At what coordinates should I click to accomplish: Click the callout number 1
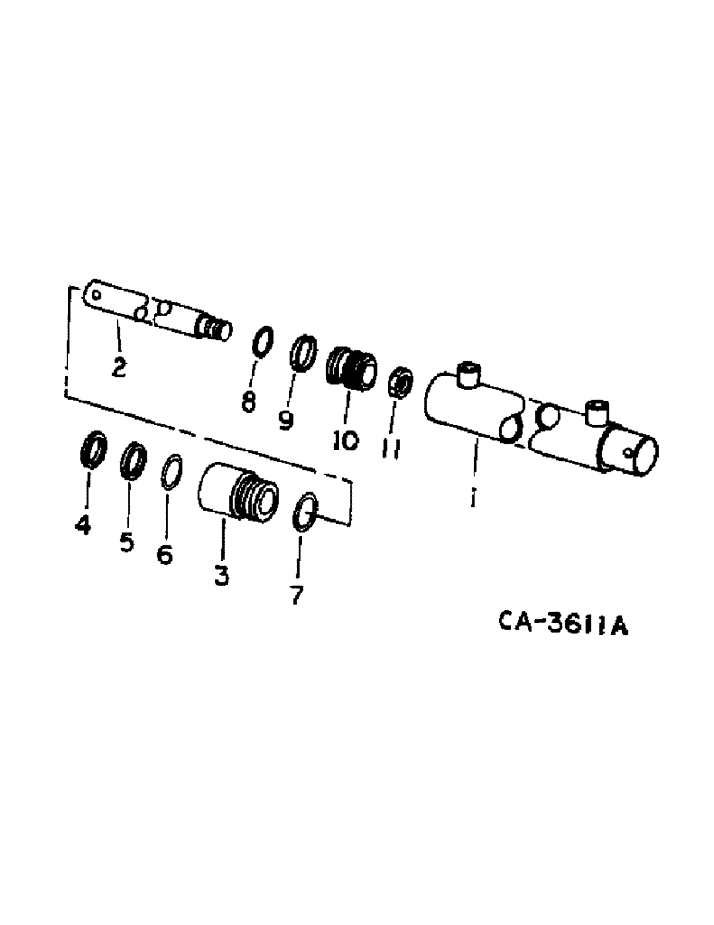tap(473, 499)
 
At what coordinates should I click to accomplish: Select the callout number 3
tap(222, 575)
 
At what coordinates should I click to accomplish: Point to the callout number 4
tap(83, 526)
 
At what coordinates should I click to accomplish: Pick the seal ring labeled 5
tap(133, 458)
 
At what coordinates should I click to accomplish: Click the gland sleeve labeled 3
tap(237, 494)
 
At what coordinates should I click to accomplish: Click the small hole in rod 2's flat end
tap(95, 293)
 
